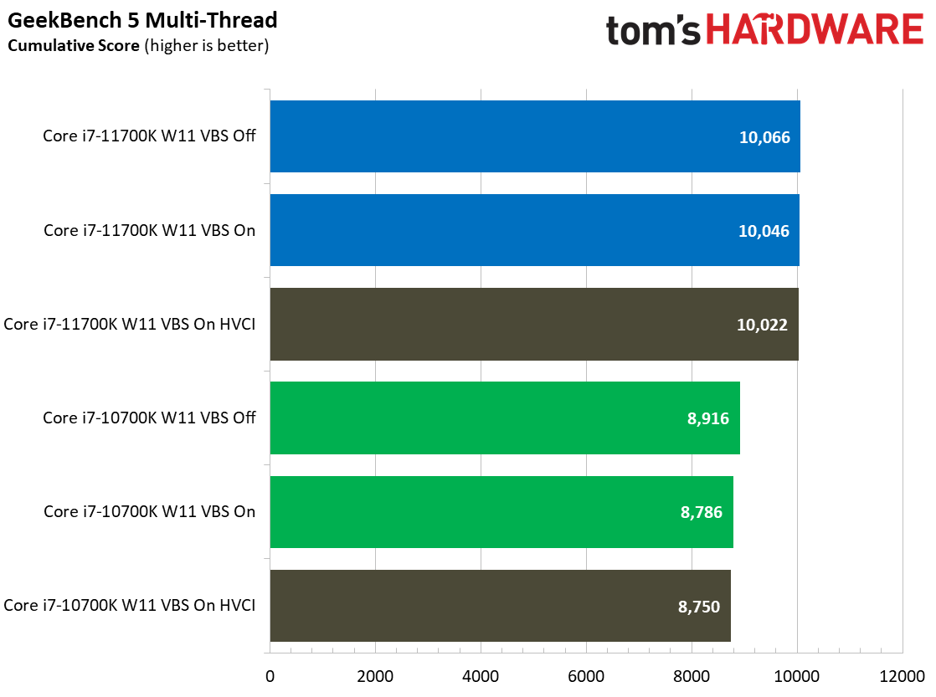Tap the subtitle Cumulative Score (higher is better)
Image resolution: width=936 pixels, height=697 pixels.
click(x=137, y=45)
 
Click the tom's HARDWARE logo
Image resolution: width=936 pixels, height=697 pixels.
click(x=764, y=30)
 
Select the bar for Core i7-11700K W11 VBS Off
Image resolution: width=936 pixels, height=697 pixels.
click(x=534, y=136)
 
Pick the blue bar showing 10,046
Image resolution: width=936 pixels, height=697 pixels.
click(x=534, y=230)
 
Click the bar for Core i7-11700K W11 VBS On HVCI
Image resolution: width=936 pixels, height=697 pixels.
click(x=533, y=324)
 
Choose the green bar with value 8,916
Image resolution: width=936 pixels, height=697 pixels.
click(x=504, y=418)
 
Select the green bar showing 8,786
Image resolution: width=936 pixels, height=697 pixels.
click(x=501, y=511)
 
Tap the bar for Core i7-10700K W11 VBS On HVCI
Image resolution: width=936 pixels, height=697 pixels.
click(x=500, y=605)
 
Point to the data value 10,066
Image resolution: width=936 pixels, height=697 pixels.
click(x=764, y=137)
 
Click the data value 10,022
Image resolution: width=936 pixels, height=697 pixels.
click(x=763, y=325)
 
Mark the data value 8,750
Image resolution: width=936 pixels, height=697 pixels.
click(x=698, y=606)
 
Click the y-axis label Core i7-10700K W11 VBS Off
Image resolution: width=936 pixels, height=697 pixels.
click(x=149, y=418)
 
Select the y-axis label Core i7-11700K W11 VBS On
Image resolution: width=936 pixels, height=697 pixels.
click(x=149, y=230)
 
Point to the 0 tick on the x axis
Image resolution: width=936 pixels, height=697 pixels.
click(x=270, y=675)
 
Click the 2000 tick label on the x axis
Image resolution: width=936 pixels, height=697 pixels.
click(x=375, y=675)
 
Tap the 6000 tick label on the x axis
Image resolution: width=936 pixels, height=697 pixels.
click(x=586, y=675)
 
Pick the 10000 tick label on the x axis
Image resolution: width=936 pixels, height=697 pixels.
click(x=797, y=675)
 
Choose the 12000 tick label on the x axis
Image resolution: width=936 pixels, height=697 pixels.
click(x=902, y=675)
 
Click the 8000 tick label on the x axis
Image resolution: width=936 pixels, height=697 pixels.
click(x=692, y=675)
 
